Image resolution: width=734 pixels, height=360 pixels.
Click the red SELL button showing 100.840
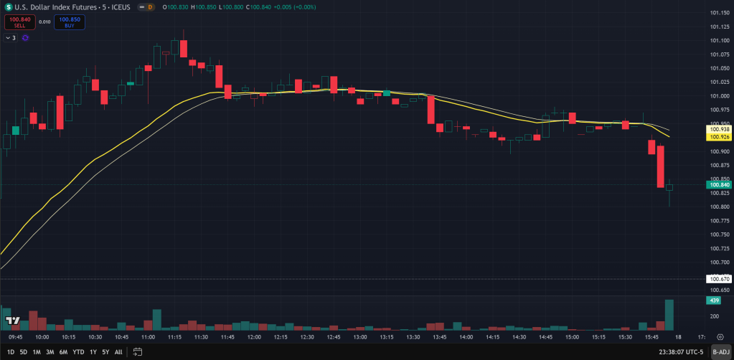click(x=19, y=22)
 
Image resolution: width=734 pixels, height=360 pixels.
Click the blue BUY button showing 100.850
click(x=70, y=22)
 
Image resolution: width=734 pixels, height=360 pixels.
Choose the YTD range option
click(x=79, y=352)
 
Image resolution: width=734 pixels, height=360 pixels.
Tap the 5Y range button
click(x=105, y=352)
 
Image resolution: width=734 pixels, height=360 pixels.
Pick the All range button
click(x=118, y=352)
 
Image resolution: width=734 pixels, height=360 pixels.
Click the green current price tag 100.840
click(x=719, y=185)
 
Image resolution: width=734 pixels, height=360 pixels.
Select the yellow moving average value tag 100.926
click(x=719, y=136)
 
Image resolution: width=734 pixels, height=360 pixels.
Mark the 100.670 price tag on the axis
click(x=719, y=278)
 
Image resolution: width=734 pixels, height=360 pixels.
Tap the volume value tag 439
click(x=713, y=300)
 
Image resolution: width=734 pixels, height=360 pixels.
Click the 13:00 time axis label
click(x=360, y=336)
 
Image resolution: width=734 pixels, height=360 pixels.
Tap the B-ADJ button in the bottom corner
click(x=720, y=352)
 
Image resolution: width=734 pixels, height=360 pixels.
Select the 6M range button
click(x=63, y=352)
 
